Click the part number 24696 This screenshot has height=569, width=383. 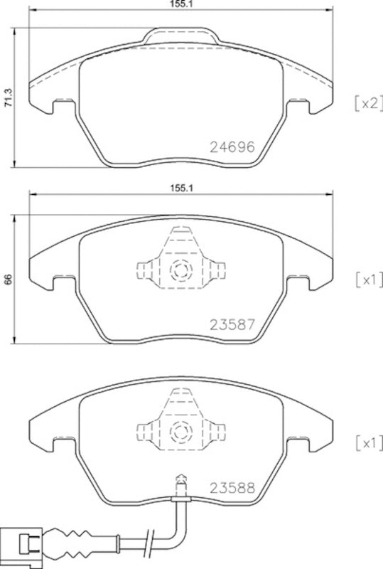point(232,147)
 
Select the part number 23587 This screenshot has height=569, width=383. point(232,325)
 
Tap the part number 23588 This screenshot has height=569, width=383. point(232,488)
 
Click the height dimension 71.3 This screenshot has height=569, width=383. point(8,100)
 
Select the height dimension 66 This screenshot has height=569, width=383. point(8,280)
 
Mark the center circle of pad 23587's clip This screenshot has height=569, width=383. point(180,271)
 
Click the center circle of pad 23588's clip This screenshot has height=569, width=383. point(180,432)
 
